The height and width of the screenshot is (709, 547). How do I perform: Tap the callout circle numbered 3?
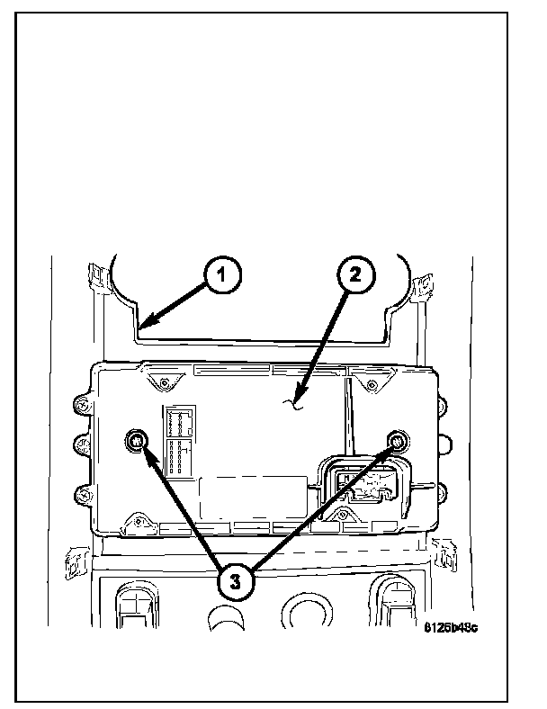(x=235, y=580)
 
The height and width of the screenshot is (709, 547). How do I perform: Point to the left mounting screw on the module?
(x=136, y=440)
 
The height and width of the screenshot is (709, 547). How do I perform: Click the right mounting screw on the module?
(x=398, y=440)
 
